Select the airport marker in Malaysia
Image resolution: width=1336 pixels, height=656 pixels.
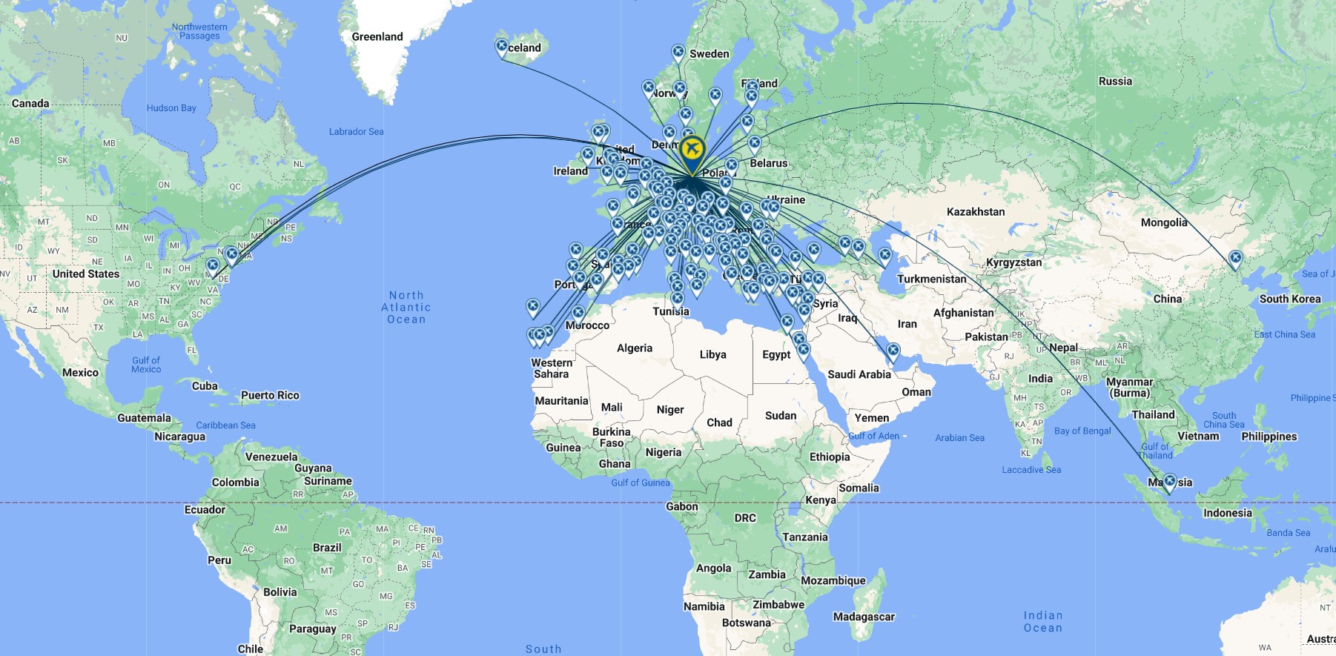tap(1169, 482)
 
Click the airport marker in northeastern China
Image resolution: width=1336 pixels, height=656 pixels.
tap(1235, 259)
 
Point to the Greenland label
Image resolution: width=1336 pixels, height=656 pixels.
tap(377, 37)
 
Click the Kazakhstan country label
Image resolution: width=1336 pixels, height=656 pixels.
tap(976, 212)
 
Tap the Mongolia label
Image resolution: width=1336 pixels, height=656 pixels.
tap(1164, 222)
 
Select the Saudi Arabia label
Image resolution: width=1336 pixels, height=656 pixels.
tap(859, 374)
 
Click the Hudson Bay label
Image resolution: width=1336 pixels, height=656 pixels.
tap(171, 108)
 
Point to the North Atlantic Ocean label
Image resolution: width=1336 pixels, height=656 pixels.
tap(406, 307)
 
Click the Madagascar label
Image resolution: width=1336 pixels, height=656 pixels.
tap(864, 617)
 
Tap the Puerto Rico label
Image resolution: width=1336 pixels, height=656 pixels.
tap(270, 395)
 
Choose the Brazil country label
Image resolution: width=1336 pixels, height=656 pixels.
tap(327, 548)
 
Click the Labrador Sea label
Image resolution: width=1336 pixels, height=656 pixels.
tap(357, 132)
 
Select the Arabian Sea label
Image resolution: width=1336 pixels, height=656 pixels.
tap(959, 438)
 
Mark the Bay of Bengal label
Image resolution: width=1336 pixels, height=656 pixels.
tap(1082, 431)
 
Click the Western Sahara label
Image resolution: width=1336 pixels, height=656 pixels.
tap(552, 368)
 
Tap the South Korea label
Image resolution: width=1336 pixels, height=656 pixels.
tap(1290, 299)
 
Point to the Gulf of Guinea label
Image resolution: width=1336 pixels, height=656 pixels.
tap(640, 483)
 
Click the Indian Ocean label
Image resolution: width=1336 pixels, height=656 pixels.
tap(1043, 621)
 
